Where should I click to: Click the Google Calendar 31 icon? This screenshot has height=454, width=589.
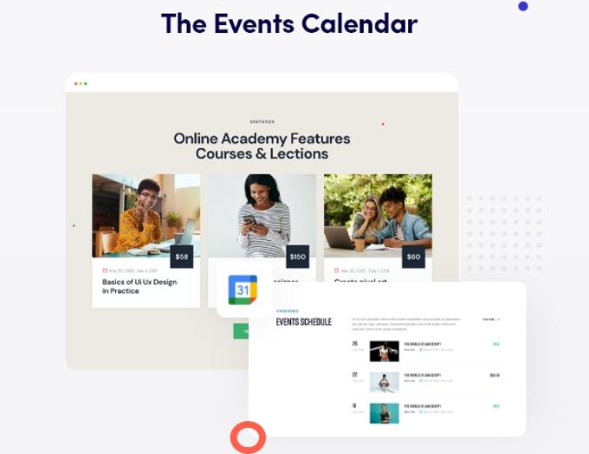243,290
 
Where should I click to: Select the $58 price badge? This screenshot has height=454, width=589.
182,256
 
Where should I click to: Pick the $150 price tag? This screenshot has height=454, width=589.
298,256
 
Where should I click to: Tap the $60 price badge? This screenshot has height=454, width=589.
413,256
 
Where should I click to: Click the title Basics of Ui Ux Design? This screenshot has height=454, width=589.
139,282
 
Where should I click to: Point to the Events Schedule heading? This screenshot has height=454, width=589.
303,322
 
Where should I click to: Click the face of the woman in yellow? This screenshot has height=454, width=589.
147,195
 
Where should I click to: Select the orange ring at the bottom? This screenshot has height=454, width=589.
248,437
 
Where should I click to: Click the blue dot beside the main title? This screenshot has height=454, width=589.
523,6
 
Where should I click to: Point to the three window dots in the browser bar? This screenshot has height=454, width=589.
81,83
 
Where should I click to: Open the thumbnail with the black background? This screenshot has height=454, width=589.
384,350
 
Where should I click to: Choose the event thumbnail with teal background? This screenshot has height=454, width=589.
384,412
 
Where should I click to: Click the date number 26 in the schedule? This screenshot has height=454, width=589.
354,344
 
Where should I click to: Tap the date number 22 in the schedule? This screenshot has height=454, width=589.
354,375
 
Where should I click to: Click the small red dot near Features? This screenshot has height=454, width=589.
383,124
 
